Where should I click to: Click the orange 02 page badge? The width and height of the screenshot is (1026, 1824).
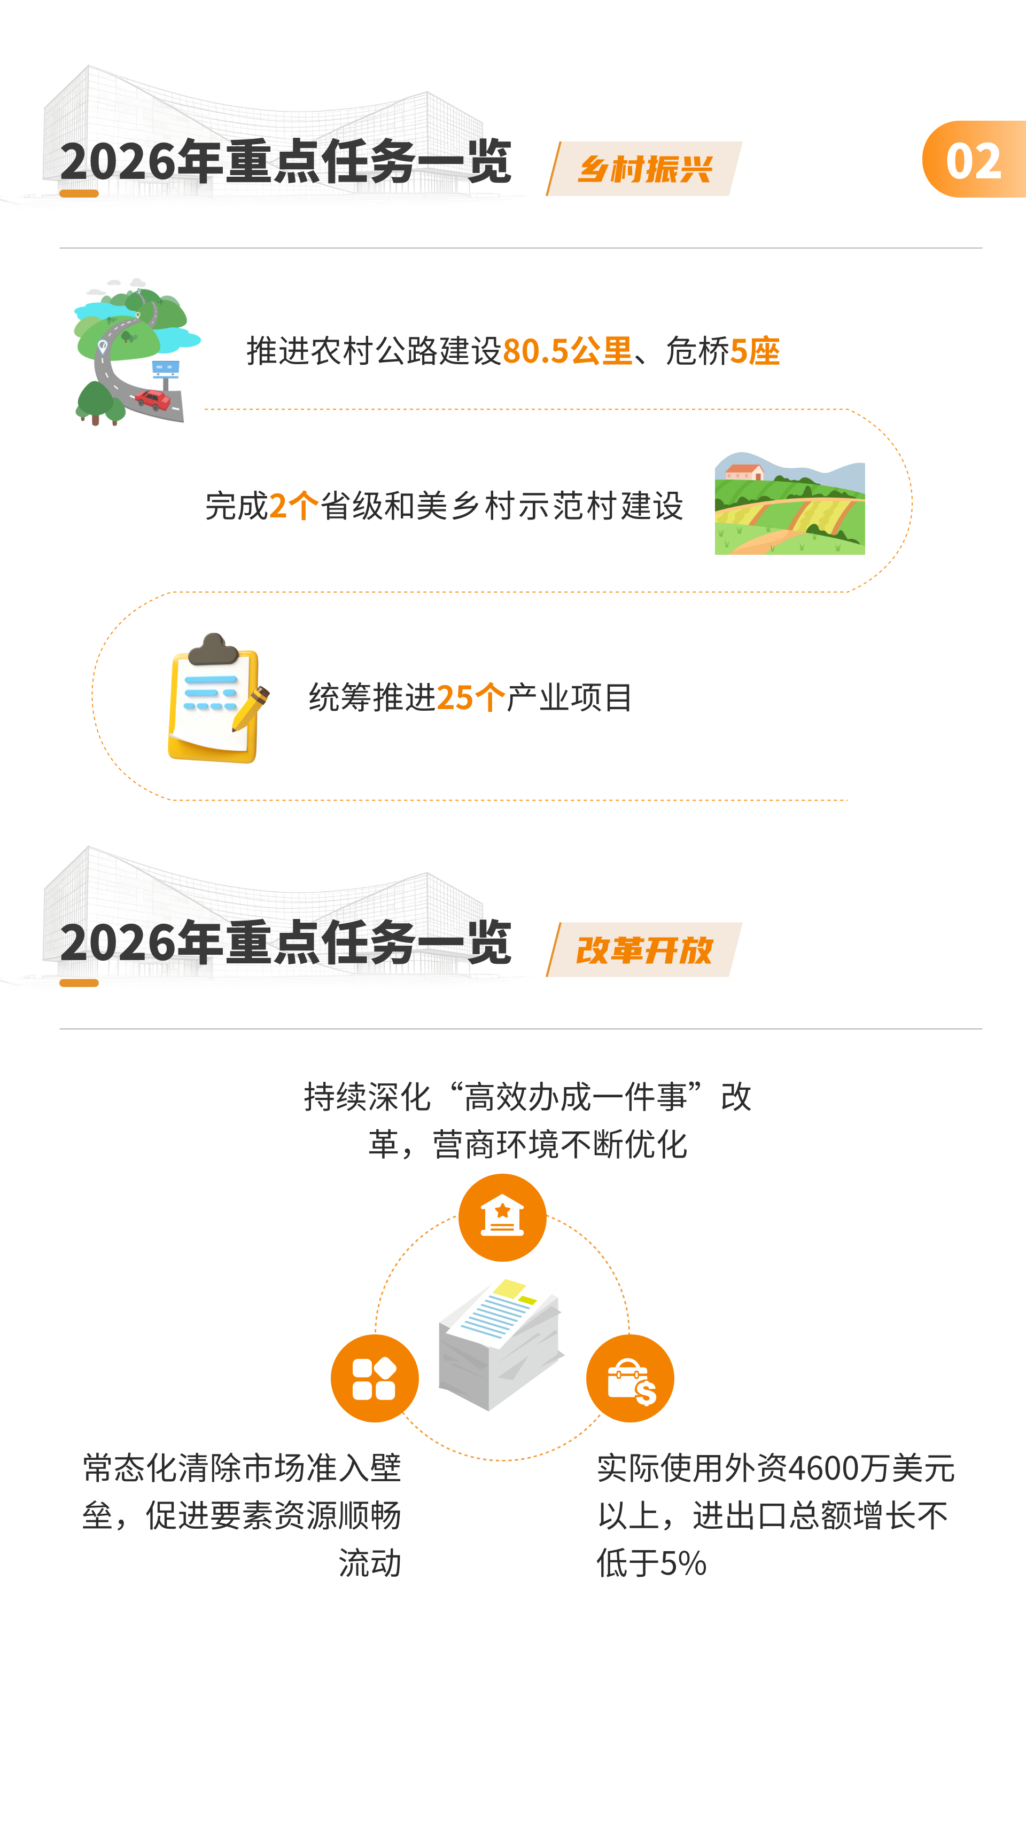tap(974, 160)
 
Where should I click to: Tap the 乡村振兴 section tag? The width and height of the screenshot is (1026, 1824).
tap(645, 169)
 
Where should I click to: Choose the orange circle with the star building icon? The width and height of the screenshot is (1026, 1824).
tap(502, 1217)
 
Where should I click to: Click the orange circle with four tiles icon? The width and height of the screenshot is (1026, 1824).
tap(374, 1378)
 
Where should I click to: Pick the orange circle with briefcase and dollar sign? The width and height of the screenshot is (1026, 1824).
tap(630, 1378)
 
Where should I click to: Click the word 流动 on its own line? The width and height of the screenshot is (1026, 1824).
tap(370, 1563)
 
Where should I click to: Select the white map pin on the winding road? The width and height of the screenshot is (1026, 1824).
tap(103, 346)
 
